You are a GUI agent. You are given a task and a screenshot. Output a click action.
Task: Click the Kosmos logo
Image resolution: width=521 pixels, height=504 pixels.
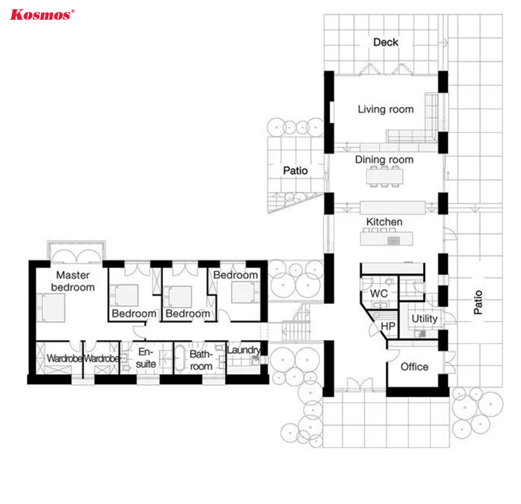(42, 15)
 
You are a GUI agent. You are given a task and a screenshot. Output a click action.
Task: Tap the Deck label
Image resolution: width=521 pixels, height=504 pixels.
(386, 42)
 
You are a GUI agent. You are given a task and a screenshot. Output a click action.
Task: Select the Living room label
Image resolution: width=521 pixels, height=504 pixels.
(386, 109)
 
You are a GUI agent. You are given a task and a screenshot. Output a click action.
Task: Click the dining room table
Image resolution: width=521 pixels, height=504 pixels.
(384, 177)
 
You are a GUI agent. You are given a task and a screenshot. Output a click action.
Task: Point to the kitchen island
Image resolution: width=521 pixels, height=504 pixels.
(387, 238)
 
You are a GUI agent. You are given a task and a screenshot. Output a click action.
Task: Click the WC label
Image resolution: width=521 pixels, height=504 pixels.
(379, 293)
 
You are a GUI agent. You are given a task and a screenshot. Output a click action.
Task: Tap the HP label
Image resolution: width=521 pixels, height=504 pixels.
(388, 326)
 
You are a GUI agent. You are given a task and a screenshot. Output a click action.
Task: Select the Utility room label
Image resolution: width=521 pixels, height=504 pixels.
(424, 319)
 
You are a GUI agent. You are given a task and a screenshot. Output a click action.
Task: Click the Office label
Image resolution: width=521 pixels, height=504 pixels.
(414, 367)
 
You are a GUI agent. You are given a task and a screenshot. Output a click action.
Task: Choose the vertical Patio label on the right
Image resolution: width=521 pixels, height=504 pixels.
(478, 302)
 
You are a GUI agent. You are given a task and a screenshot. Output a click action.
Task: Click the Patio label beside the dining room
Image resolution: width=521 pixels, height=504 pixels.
(295, 171)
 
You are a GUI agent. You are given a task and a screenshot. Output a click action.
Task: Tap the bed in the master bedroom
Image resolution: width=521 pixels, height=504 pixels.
(51, 308)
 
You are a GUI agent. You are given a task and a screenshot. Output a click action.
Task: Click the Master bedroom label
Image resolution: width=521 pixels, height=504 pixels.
(73, 281)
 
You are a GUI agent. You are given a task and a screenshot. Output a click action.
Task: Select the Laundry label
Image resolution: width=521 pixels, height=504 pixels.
(243, 350)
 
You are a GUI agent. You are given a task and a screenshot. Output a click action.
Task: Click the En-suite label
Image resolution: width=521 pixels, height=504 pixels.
(145, 358)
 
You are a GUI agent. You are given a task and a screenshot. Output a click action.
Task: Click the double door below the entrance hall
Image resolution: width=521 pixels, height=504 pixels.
(360, 384)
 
